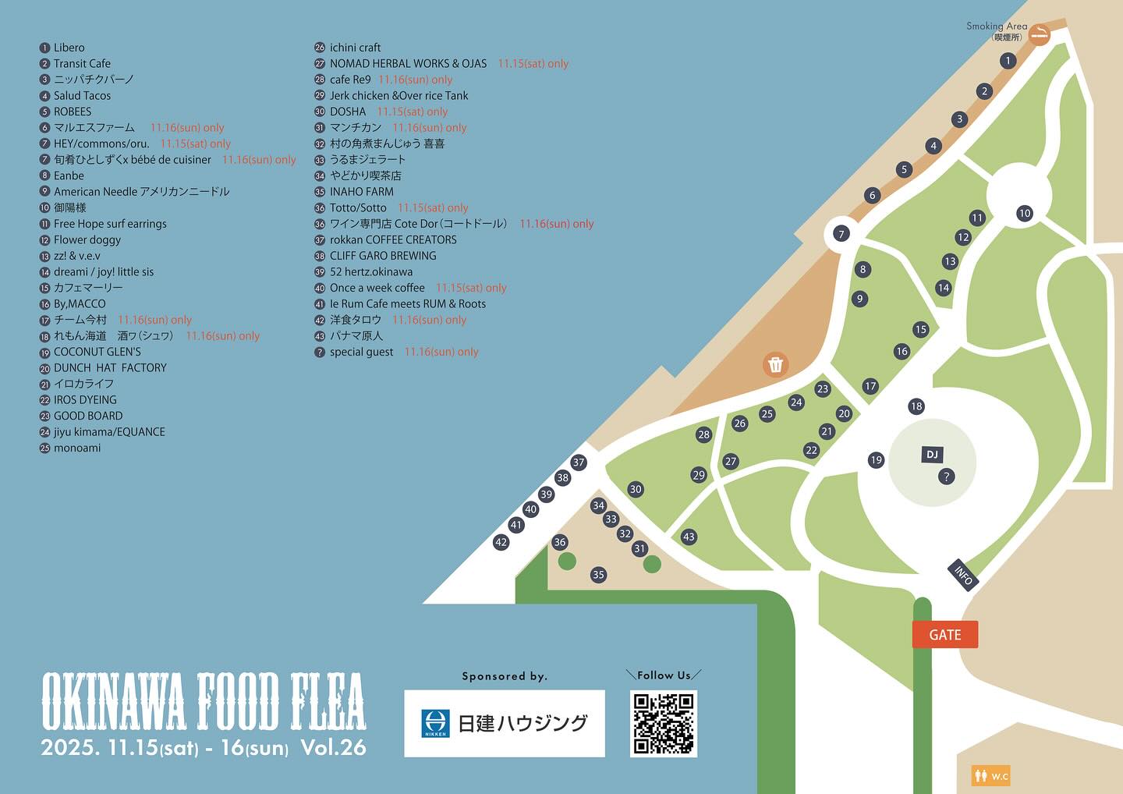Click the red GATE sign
click(944, 635)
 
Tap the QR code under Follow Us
click(663, 723)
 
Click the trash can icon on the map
click(775, 364)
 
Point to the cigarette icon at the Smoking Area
click(1040, 34)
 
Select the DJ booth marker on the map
click(932, 455)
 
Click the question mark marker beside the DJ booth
click(947, 476)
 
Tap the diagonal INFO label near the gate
click(963, 576)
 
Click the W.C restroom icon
click(990, 775)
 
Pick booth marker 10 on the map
click(1025, 213)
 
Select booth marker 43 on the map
click(689, 537)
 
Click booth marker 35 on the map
click(598, 575)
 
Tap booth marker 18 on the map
click(916, 406)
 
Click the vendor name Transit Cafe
click(82, 64)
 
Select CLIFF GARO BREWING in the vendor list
click(383, 256)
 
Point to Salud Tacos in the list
click(82, 96)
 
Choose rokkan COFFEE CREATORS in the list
click(393, 239)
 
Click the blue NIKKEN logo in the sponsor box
click(434, 723)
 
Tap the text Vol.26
click(333, 747)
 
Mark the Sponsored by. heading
click(505, 676)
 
